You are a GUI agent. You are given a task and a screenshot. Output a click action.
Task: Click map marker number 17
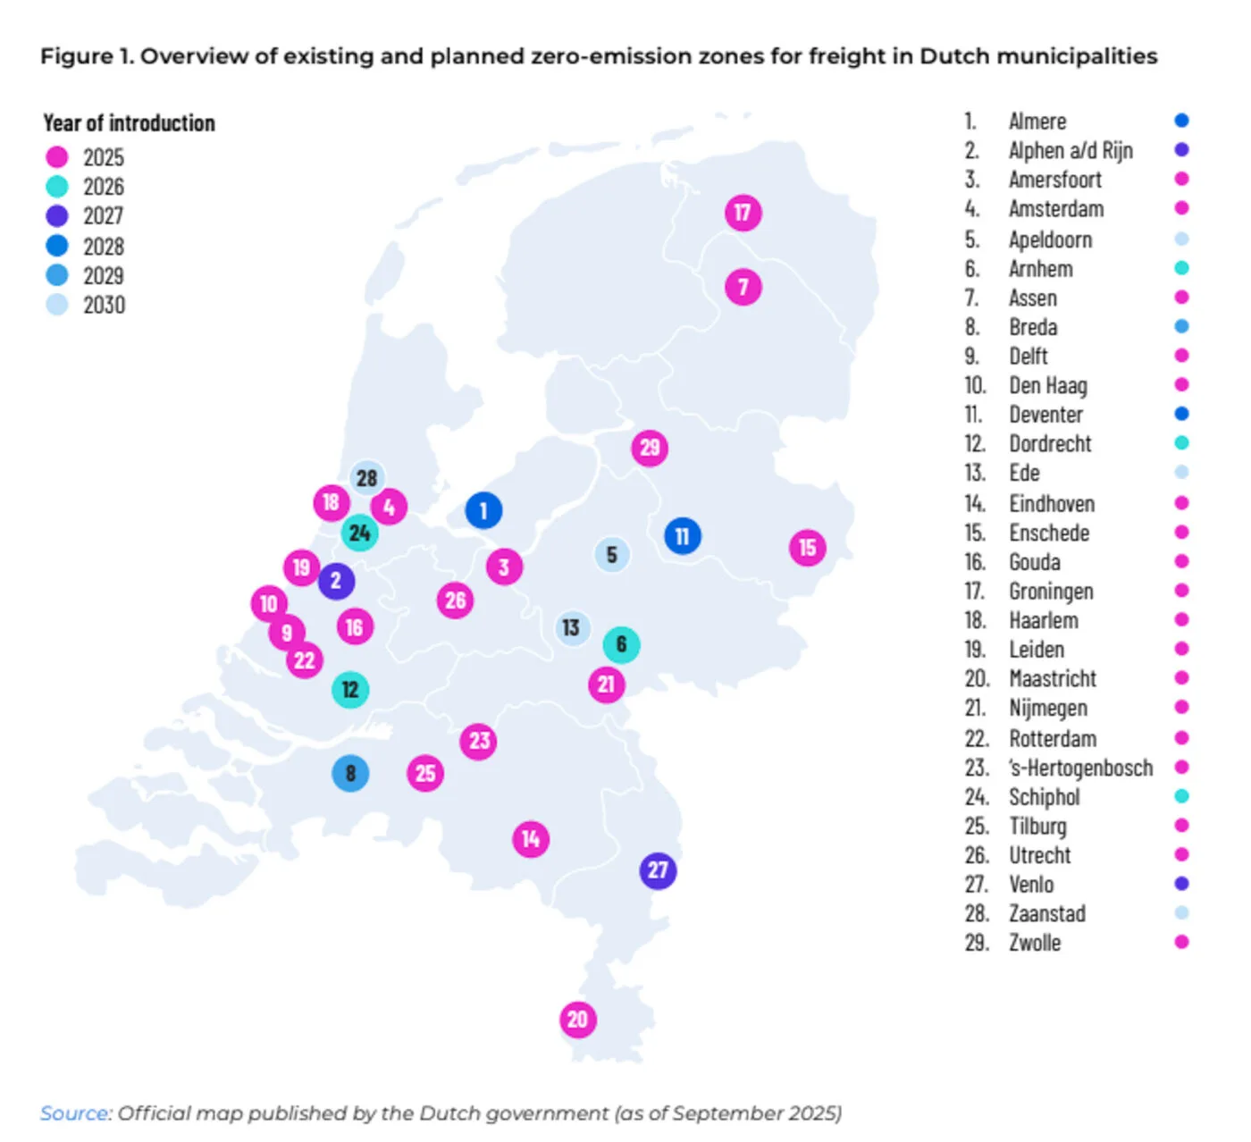pyautogui.click(x=743, y=213)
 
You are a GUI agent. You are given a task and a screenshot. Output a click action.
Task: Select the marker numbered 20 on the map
pyautogui.click(x=577, y=1020)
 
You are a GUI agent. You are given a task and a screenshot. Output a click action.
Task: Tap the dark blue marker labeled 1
pyautogui.click(x=483, y=510)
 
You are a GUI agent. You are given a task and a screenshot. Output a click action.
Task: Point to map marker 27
pyautogui.click(x=658, y=870)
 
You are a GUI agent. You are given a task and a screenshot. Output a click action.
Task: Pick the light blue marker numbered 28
pyautogui.click(x=366, y=478)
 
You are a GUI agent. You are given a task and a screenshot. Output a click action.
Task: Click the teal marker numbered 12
pyautogui.click(x=350, y=690)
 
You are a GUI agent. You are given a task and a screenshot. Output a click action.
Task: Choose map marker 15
pyautogui.click(x=807, y=548)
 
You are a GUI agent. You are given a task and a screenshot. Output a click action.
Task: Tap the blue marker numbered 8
pyautogui.click(x=350, y=773)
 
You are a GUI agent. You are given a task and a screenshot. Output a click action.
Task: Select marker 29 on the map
pyautogui.click(x=650, y=448)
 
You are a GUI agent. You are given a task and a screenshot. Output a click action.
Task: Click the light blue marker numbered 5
pyautogui.click(x=612, y=555)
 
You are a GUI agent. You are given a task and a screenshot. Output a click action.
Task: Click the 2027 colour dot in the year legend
pyautogui.click(x=56, y=215)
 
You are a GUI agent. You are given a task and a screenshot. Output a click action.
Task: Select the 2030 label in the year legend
pyautogui.click(x=104, y=306)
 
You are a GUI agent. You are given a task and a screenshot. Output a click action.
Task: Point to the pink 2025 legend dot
pyautogui.click(x=56, y=157)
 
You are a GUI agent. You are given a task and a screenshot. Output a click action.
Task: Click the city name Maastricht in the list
pyautogui.click(x=1053, y=679)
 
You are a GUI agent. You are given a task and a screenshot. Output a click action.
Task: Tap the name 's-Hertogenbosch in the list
pyautogui.click(x=1080, y=768)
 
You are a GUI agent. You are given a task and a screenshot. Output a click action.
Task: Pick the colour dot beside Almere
pyautogui.click(x=1181, y=121)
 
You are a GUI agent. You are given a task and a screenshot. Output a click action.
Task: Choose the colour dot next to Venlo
pyautogui.click(x=1181, y=884)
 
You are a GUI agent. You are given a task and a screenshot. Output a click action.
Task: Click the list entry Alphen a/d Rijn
pyautogui.click(x=1070, y=150)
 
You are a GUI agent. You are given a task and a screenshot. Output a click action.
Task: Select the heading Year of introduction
pyautogui.click(x=130, y=123)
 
